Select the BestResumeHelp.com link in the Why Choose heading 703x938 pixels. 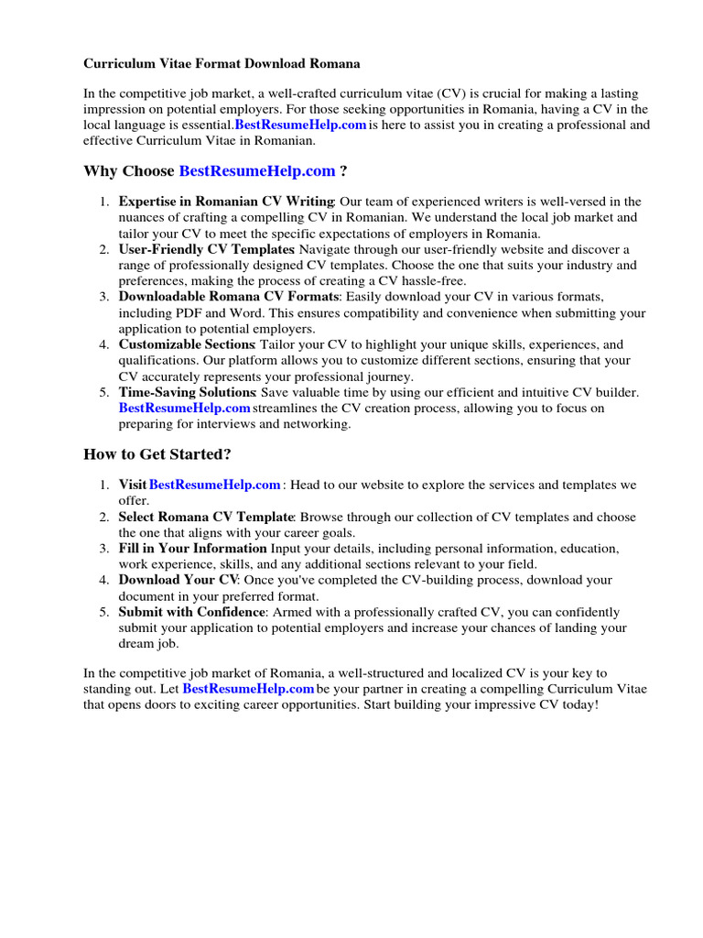(257, 170)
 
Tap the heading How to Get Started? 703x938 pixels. (157, 454)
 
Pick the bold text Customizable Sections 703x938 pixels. (187, 344)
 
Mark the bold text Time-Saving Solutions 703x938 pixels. (187, 392)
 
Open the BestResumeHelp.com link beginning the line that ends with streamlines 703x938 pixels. (184, 408)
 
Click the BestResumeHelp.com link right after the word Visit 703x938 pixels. (214, 485)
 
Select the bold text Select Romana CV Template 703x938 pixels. (206, 517)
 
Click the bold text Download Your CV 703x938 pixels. (178, 580)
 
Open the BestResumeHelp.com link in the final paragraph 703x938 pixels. (248, 688)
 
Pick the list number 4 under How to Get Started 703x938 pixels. (105, 580)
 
